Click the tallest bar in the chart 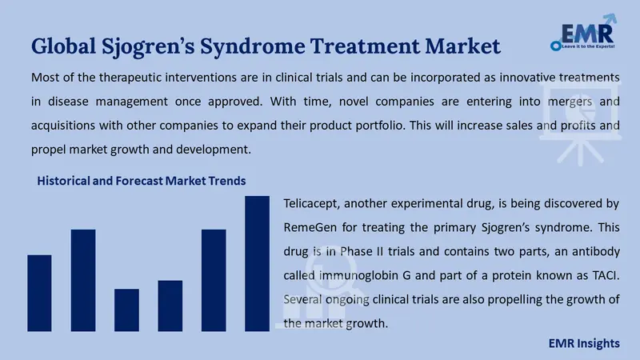tap(257, 264)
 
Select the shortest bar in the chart tap(126, 310)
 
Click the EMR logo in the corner tap(584, 33)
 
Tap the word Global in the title tap(63, 46)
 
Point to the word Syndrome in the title tap(252, 47)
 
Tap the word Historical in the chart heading tap(63, 181)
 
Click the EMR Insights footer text tap(584, 344)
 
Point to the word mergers tap(570, 102)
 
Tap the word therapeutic tap(130, 78)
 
